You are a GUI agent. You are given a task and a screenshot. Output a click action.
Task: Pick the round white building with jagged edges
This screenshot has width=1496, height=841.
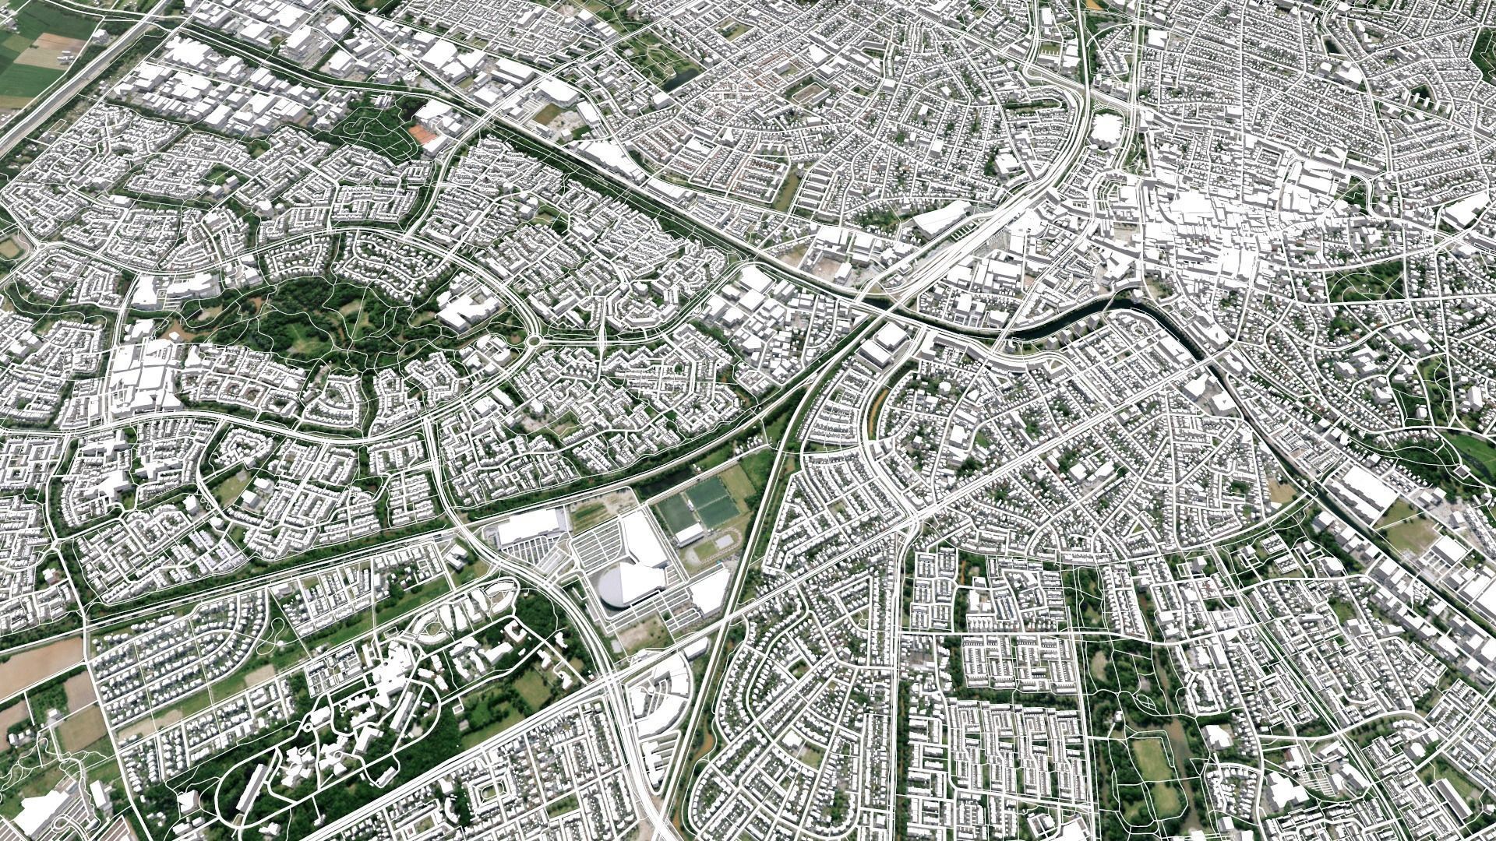(x=1107, y=128)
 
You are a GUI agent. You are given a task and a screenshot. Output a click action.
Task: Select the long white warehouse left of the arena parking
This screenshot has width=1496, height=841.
(x=530, y=528)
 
